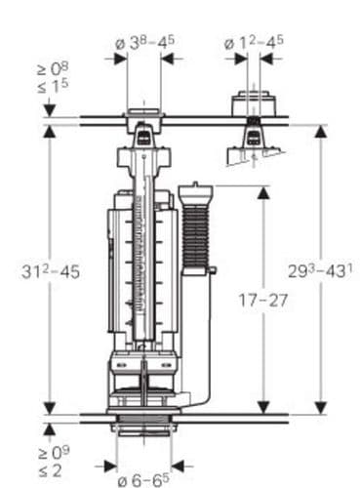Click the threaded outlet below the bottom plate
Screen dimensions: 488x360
tap(143, 430)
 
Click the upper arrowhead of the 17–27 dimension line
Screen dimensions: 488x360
tap(262, 191)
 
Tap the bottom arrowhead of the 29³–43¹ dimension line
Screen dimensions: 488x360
tap(319, 410)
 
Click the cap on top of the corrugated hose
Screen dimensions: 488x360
tap(195, 188)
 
